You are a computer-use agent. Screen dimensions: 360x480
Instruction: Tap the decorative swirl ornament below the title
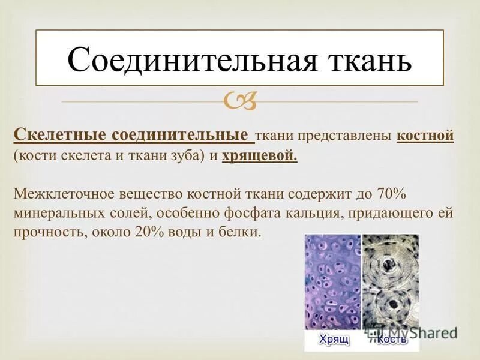[x=241, y=102]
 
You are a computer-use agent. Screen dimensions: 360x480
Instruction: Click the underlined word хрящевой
[x=259, y=156]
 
